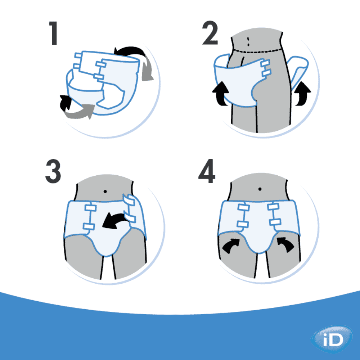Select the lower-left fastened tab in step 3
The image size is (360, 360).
click(89, 226)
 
